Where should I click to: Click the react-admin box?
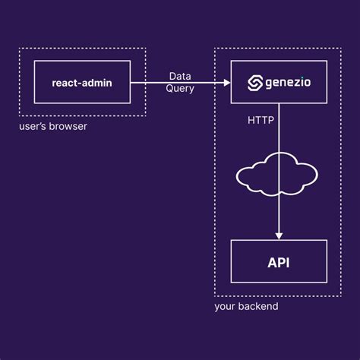pos(82,82)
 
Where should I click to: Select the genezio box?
pos(279,82)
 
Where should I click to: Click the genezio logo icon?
pos(254,82)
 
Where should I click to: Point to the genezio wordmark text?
pos(288,82)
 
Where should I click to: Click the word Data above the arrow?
pos(180,76)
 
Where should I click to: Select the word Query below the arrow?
pos(180,89)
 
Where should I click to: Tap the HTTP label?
pos(261,120)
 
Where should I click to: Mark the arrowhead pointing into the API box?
pos(279,235)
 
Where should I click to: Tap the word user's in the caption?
pos(33,126)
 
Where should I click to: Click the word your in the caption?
pos(226,307)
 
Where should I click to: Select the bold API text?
pos(279,263)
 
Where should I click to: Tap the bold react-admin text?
pos(82,82)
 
